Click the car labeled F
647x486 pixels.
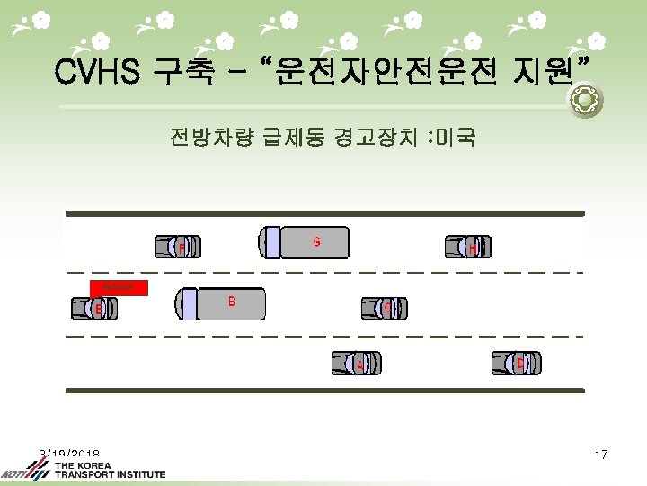tap(177, 246)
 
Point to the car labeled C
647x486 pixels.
tap(384, 308)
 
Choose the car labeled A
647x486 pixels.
tap(356, 363)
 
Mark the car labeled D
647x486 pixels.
tap(516, 362)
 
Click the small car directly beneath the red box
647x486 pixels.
tap(93, 309)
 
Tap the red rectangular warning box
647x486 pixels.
tap(118, 288)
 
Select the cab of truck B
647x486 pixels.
tap(186, 302)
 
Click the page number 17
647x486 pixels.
tap(601, 455)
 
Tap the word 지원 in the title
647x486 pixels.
tap(547, 71)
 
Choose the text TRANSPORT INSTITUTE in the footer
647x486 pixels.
tap(110, 474)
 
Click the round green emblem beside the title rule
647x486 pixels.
tap(585, 101)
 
